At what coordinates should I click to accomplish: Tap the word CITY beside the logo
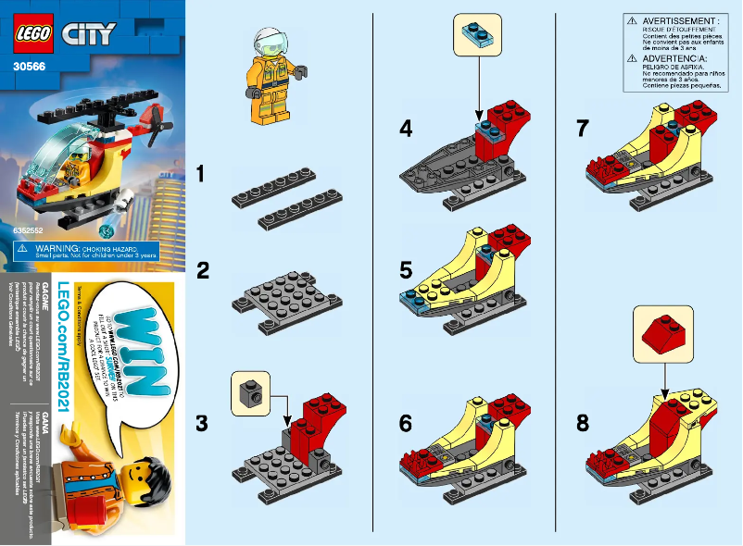click(x=90, y=35)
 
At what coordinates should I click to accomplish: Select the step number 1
click(x=203, y=173)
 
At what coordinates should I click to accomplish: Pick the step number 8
click(x=582, y=424)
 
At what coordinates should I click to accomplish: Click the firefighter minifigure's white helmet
click(x=268, y=38)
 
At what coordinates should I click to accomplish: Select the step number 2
click(x=203, y=272)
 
